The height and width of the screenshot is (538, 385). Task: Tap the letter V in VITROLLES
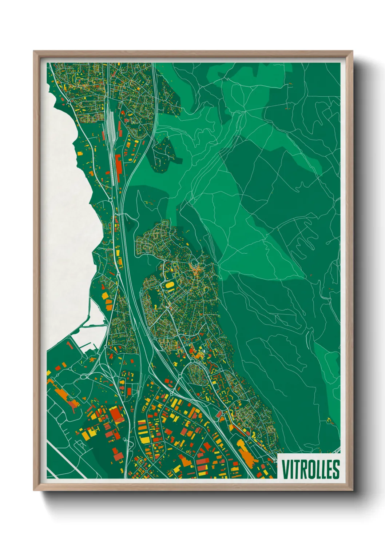(285, 469)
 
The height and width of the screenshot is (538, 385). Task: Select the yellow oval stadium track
(170, 286)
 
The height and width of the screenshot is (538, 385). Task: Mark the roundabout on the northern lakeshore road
(69, 103)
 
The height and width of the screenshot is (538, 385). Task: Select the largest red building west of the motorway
(116, 414)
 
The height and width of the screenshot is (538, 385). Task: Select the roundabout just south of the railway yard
(110, 200)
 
